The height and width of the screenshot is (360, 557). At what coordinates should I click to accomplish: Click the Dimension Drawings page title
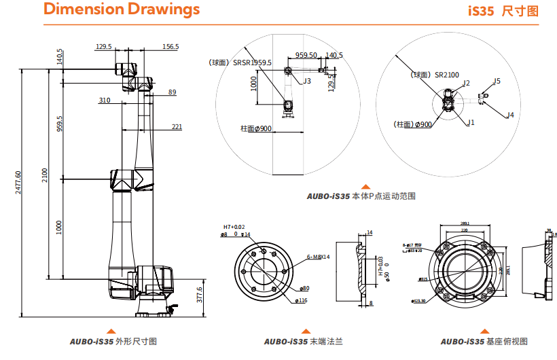coord(122,10)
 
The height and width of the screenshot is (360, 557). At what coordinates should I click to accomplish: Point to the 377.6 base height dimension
coord(199,296)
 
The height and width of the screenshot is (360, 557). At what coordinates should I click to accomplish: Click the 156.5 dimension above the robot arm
coord(170,47)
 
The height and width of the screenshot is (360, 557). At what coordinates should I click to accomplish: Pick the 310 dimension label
coord(105,100)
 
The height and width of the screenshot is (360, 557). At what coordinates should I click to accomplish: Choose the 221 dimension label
coord(177,126)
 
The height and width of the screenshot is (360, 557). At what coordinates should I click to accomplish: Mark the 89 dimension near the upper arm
coord(172,92)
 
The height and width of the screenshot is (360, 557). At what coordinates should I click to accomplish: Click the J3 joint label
coord(307,81)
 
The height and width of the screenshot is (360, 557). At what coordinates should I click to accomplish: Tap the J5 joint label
coord(497,81)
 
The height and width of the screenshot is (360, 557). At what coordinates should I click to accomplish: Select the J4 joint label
coord(509,115)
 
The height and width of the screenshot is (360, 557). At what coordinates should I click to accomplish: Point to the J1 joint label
coord(471,122)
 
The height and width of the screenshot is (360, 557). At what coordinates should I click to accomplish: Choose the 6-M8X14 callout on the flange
coord(318,257)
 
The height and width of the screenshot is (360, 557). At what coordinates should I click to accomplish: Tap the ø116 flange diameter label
coord(302,300)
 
